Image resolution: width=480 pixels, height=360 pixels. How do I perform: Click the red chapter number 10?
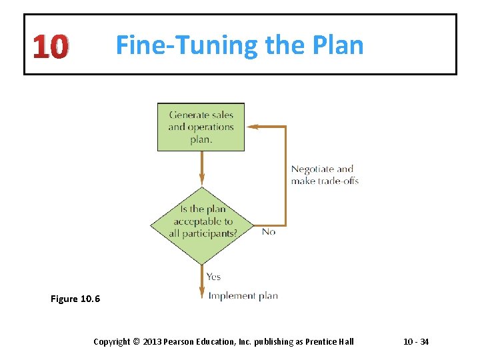click(x=50, y=47)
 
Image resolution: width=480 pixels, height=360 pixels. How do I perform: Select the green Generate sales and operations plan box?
click(x=201, y=127)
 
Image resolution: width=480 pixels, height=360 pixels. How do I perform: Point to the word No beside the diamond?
click(x=269, y=231)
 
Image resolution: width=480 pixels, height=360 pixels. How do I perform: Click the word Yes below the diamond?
click(x=213, y=276)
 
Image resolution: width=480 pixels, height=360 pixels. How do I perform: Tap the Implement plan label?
click(x=243, y=295)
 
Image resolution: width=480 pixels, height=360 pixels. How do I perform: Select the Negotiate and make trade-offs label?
click(x=325, y=175)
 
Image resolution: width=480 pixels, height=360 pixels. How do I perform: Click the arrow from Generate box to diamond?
click(x=201, y=167)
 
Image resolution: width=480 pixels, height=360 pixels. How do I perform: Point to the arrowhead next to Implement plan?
click(x=201, y=294)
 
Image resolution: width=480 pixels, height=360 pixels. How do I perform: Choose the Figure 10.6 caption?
click(x=75, y=299)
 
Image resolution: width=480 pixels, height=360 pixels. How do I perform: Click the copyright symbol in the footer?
click(x=136, y=342)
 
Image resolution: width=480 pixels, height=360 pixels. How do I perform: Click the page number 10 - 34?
click(x=416, y=342)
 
